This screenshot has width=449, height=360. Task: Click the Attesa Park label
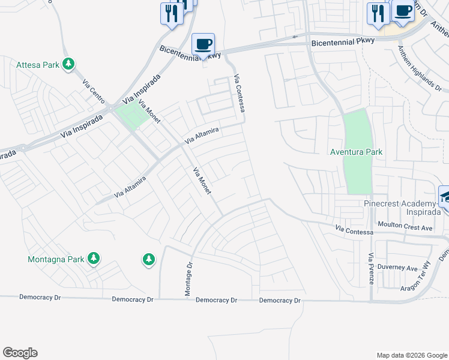click(38, 65)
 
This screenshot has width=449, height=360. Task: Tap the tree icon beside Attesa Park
click(69, 64)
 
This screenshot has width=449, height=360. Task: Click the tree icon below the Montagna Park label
click(149, 259)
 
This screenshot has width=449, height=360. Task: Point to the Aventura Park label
click(357, 152)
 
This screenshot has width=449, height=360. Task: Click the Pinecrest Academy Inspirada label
click(398, 208)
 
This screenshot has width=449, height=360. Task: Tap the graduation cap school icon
click(445, 196)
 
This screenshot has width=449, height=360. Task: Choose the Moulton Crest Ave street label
click(405, 228)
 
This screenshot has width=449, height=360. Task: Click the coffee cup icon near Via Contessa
click(203, 44)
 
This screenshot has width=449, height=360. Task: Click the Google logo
click(20, 353)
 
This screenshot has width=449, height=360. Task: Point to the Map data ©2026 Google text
click(411, 355)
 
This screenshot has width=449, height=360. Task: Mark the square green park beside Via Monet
click(130, 116)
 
